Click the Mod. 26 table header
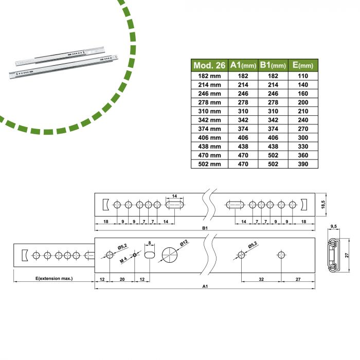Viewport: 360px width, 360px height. click(209, 65)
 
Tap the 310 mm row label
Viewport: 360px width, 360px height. click(209, 111)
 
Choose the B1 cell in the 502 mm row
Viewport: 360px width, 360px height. click(273, 164)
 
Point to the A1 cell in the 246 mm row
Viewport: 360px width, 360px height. click(243, 93)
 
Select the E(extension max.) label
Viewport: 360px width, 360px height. click(54, 278)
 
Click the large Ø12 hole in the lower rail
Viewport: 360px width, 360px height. click(170, 255)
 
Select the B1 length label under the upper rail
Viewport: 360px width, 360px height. click(204, 228)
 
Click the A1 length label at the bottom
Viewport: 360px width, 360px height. click(204, 286)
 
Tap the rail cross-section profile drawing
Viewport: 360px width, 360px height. click(333, 255)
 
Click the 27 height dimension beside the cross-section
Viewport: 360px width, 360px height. click(347, 255)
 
